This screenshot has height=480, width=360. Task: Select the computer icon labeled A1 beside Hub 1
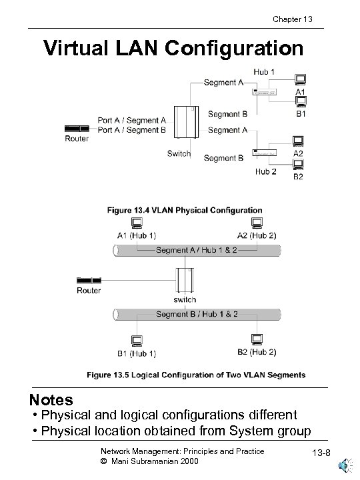pos(300,79)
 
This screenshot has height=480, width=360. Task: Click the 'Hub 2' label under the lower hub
pos(265,171)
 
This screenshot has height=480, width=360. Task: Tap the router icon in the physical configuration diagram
pos(77,127)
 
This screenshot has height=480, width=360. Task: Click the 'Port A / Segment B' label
pos(131,130)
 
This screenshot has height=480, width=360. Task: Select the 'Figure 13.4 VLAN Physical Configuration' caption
pos(185,211)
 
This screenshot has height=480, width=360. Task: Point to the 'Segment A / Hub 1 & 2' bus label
pos(197,250)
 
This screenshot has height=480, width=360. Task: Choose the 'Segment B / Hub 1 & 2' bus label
pos(197,314)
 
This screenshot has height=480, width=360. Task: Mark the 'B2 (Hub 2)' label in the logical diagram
pos(256,352)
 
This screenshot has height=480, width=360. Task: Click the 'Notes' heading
pos(51,400)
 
